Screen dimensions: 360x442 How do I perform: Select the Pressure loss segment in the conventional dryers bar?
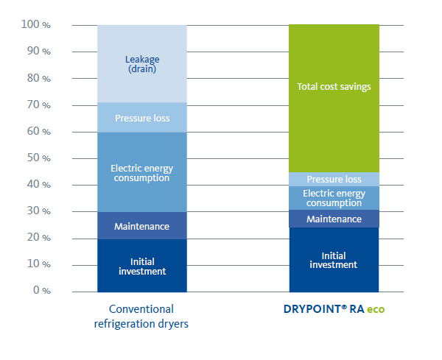142,118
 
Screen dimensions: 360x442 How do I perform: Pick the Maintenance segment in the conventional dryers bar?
142,226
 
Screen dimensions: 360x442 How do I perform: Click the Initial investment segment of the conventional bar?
142,266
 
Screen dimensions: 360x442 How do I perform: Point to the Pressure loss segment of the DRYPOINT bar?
333,179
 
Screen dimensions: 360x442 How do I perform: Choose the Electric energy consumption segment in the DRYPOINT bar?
333,198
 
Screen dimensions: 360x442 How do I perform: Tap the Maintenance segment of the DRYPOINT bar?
333,219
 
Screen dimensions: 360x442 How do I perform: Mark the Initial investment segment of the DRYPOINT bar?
333,260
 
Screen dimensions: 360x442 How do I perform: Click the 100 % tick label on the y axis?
36,25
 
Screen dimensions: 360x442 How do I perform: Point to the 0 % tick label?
41,291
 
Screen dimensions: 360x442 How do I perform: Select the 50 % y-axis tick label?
39,158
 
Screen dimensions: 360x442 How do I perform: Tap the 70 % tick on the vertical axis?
39,105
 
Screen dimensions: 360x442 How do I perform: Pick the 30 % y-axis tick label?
39,211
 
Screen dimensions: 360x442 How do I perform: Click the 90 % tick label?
39,52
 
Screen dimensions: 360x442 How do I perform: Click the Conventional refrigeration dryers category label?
142,316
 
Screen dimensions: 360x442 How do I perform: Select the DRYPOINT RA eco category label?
334,309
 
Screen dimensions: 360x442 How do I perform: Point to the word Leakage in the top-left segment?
142,60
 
